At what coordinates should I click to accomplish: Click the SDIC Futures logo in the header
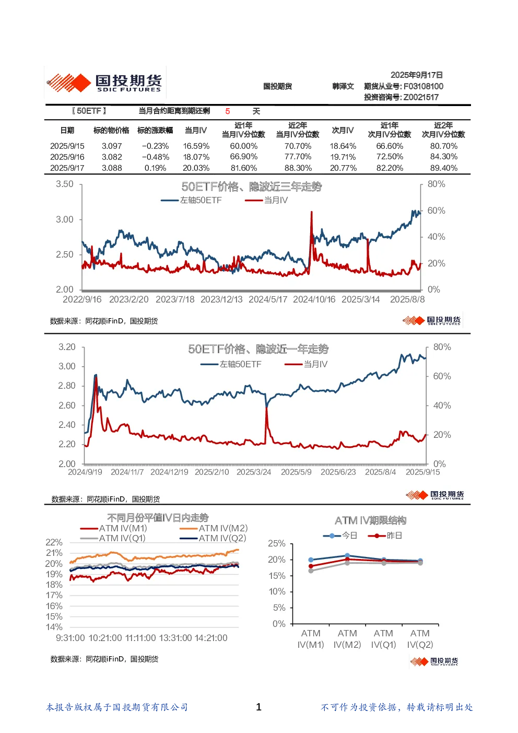(x=104, y=83)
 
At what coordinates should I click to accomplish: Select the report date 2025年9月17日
(x=416, y=75)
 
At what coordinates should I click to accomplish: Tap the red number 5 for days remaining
(x=228, y=111)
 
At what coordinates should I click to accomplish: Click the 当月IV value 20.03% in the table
(x=196, y=168)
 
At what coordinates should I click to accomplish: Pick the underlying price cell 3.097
(x=112, y=146)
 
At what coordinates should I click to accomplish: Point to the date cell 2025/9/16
(x=67, y=157)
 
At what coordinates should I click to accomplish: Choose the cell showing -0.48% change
(x=155, y=157)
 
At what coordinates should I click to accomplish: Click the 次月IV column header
(x=343, y=130)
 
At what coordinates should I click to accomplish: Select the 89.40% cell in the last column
(x=443, y=168)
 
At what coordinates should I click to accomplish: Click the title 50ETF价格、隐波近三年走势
(x=252, y=187)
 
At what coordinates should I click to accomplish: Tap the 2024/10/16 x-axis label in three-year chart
(x=314, y=299)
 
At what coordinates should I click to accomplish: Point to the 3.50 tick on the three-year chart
(x=64, y=184)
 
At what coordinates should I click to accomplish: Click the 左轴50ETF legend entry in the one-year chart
(x=231, y=364)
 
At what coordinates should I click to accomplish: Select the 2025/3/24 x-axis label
(x=254, y=472)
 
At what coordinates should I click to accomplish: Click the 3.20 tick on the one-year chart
(x=67, y=347)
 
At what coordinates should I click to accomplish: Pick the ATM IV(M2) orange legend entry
(x=214, y=528)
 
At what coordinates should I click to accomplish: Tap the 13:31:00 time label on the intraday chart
(x=175, y=638)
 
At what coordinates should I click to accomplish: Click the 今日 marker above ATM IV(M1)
(x=311, y=560)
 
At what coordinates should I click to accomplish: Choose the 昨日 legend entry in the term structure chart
(x=385, y=536)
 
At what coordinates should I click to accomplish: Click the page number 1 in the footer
(x=258, y=707)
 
